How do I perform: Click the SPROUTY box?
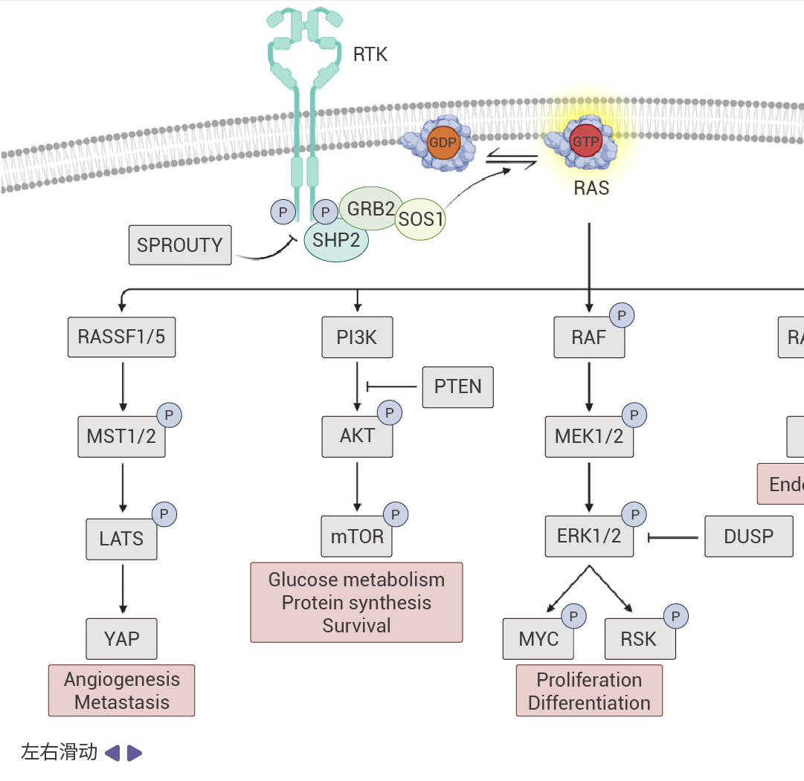click(179, 245)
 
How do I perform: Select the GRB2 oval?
click(370, 208)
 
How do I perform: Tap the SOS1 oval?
click(420, 220)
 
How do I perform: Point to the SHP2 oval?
click(336, 241)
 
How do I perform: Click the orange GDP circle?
click(443, 142)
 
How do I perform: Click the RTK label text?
click(370, 54)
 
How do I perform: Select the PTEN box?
click(457, 386)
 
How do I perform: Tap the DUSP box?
click(748, 536)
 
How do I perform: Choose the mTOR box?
click(357, 536)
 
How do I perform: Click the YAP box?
click(121, 638)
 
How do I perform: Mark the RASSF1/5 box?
click(121, 337)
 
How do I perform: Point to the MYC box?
click(538, 638)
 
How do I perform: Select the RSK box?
click(639, 638)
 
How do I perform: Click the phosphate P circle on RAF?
click(622, 316)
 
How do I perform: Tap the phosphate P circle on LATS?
click(164, 513)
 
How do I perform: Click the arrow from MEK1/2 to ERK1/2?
click(589, 487)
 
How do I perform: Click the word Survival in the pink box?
click(356, 626)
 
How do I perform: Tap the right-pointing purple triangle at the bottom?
click(135, 754)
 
